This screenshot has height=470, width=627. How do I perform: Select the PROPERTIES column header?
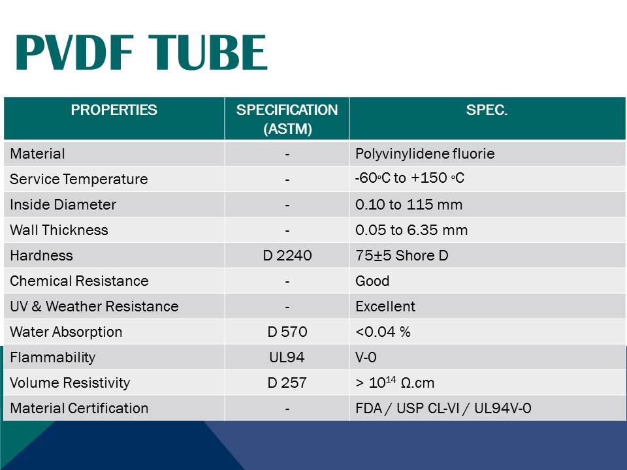(114, 110)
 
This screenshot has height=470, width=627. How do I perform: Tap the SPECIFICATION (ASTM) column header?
(287, 119)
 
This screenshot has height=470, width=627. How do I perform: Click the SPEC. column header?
(487, 110)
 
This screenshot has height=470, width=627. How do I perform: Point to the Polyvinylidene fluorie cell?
(425, 154)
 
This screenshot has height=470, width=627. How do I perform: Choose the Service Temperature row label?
(79, 180)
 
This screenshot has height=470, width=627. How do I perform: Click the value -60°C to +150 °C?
(410, 178)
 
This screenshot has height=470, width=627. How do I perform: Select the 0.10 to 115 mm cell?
(409, 205)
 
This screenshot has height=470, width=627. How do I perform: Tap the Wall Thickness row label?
(59, 230)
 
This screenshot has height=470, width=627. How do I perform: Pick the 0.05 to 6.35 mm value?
(411, 230)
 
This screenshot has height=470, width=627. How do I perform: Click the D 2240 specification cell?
(287, 256)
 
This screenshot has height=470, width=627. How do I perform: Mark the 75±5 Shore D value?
(402, 256)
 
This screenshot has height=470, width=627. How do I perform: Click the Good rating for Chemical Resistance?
(372, 281)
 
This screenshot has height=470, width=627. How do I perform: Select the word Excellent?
(385, 307)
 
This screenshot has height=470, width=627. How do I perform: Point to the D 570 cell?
(287, 332)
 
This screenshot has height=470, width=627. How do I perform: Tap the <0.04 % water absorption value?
(383, 332)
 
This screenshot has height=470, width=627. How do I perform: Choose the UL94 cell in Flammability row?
(287, 358)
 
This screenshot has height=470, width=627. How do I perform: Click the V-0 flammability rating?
(366, 358)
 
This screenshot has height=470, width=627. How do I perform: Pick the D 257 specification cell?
(287, 383)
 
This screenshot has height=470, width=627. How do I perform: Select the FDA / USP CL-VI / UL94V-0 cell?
(443, 409)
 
